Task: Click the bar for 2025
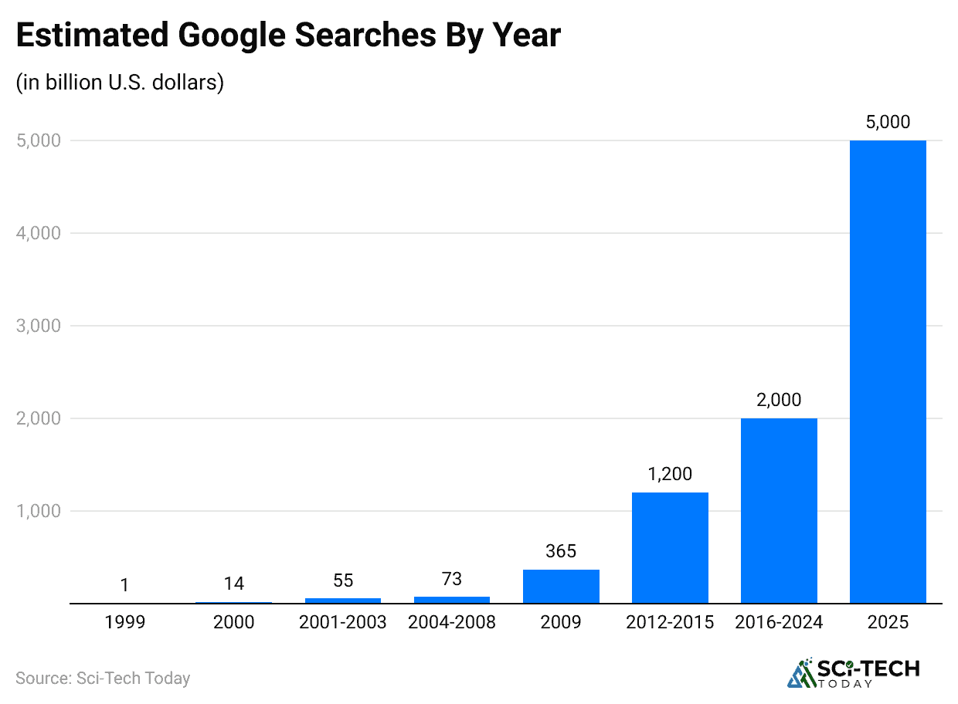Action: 888,371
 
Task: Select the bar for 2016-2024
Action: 779,510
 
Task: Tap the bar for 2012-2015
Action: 670,547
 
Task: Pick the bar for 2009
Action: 561,586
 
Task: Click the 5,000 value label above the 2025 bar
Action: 888,121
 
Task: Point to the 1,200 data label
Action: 670,473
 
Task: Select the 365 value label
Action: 561,551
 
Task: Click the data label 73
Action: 452,578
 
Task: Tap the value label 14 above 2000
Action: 234,584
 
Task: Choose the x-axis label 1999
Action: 125,622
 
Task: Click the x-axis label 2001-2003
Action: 343,622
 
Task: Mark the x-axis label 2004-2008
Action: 452,622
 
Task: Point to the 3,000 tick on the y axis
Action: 37,326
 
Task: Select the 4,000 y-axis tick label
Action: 37,233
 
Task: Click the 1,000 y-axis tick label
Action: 37,511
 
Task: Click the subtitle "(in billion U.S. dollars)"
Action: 120,82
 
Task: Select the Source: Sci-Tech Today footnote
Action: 103,679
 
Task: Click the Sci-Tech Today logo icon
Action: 801,672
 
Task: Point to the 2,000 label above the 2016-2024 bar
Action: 779,399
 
